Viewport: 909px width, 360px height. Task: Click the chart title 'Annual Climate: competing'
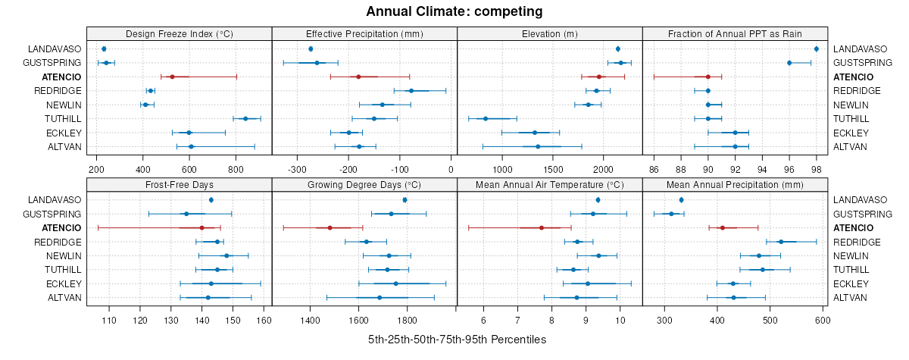click(454, 11)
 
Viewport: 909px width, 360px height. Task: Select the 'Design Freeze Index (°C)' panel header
click(179, 33)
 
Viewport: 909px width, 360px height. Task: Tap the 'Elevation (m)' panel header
click(549, 33)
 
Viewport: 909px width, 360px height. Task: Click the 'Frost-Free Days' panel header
click(179, 184)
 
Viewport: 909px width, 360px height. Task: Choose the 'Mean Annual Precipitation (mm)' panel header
click(735, 184)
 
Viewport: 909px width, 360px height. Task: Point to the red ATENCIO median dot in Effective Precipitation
click(358, 77)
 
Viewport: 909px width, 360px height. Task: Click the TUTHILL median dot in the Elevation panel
click(486, 118)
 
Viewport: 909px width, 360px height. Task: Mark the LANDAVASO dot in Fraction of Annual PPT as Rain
click(816, 49)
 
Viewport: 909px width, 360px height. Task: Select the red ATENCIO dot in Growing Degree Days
click(330, 227)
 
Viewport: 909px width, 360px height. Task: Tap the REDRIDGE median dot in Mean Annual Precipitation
click(781, 242)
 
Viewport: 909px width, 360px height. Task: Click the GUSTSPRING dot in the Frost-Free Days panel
click(186, 214)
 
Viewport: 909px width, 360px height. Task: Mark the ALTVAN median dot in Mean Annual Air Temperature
click(577, 297)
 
